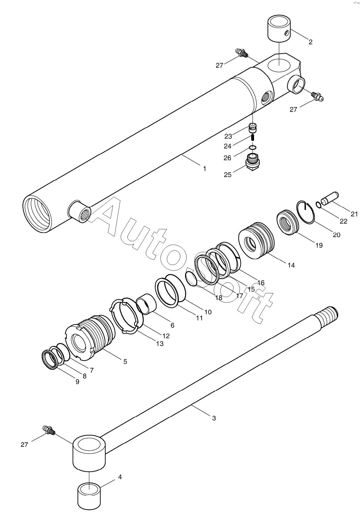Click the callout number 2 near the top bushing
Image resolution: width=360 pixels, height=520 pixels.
(x=310, y=42)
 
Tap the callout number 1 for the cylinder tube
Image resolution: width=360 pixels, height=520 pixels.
(x=205, y=169)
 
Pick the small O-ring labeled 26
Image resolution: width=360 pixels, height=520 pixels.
(x=252, y=147)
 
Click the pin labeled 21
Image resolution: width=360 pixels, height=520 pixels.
(x=330, y=199)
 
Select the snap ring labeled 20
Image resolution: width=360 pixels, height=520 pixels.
(x=306, y=211)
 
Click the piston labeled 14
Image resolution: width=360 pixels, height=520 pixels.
(x=256, y=241)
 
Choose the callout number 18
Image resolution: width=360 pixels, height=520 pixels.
(x=218, y=297)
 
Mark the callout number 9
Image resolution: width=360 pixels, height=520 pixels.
(x=78, y=382)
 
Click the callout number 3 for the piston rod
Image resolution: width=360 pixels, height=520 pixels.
(x=214, y=418)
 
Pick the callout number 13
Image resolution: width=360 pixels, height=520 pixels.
(x=160, y=344)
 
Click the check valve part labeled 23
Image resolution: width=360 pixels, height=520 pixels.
(x=253, y=128)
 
